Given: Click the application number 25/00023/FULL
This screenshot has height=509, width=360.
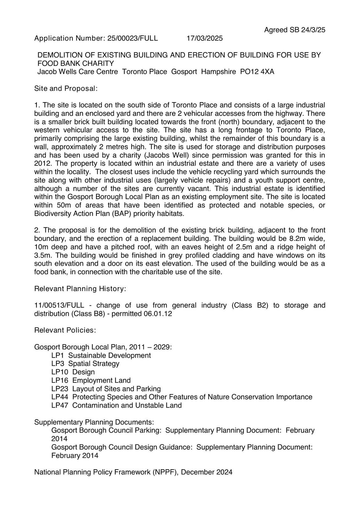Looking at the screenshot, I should (x=133, y=38).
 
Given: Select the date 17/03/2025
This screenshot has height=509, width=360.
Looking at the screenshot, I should (x=204, y=38).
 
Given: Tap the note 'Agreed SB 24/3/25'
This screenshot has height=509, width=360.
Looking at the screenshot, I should (x=295, y=30).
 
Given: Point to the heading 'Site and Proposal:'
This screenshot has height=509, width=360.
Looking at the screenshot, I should (x=66, y=88).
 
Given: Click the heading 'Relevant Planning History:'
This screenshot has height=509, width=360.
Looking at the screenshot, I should (x=80, y=289).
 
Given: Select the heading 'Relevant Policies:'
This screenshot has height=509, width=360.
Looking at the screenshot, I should (x=65, y=330).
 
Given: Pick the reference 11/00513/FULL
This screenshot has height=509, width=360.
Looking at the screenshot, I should (x=59, y=305).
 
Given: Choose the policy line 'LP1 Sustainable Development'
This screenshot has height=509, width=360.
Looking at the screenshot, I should (x=101, y=355).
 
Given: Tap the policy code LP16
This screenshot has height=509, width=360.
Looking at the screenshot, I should (x=59, y=380).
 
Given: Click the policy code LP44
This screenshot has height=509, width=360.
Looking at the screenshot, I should (x=59, y=397).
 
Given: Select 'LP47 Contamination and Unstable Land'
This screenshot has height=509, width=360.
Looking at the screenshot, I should (x=116, y=405).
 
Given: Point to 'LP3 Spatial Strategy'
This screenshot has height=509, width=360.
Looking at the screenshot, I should (x=85, y=364).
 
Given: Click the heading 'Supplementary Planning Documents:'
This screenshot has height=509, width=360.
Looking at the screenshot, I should (x=94, y=422).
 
